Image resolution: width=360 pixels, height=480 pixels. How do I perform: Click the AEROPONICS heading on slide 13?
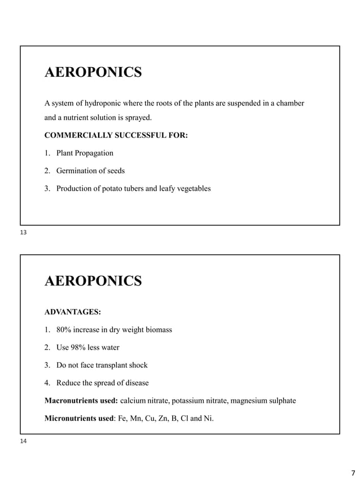93,73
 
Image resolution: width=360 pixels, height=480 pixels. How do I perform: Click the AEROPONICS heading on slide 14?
93,281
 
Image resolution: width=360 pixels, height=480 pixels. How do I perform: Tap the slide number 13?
23,232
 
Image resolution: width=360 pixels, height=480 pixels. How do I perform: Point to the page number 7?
353,473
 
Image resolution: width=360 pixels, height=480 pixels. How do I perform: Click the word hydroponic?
100,103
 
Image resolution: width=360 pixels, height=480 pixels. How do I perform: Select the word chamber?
290,103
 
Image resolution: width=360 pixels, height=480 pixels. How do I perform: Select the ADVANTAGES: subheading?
73,311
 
